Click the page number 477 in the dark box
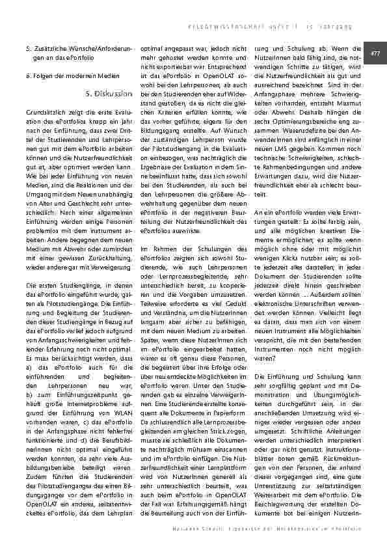[x=375, y=52]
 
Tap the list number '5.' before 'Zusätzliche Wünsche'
[x=27, y=48]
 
